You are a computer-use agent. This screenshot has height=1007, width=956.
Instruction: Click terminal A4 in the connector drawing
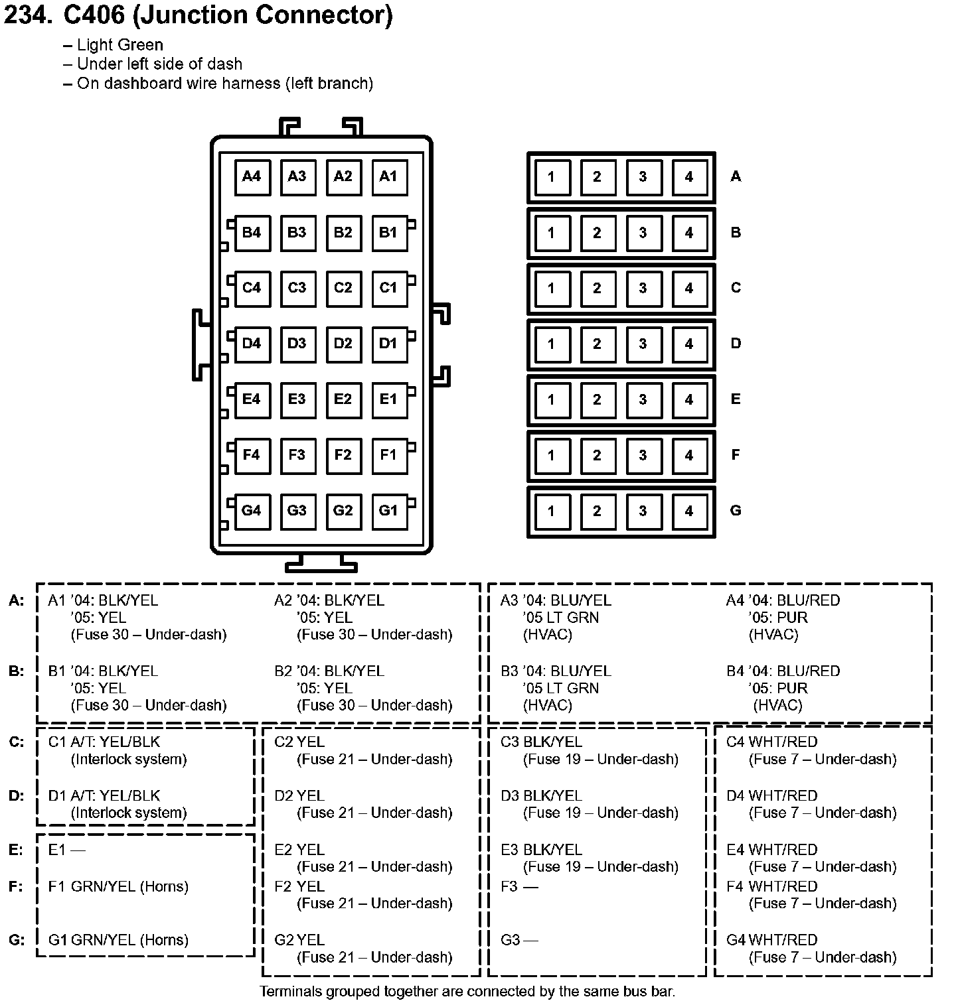click(252, 176)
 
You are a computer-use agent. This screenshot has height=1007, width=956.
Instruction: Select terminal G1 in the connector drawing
click(388, 511)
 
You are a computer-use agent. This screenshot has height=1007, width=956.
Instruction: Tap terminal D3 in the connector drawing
click(297, 344)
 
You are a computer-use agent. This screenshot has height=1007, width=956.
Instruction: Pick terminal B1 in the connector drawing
click(388, 232)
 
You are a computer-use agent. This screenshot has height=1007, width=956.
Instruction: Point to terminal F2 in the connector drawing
click(343, 455)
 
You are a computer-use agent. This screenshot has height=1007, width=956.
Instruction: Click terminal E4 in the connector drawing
click(252, 399)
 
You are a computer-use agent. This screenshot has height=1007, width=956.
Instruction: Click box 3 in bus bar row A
click(643, 177)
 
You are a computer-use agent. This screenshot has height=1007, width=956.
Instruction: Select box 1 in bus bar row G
click(551, 511)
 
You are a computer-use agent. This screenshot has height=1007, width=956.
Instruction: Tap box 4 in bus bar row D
click(688, 344)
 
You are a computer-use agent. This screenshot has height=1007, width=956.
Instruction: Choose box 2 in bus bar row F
click(597, 456)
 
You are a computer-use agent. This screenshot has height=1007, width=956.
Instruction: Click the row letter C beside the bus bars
click(736, 288)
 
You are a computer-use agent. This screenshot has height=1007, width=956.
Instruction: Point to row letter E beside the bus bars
click(736, 399)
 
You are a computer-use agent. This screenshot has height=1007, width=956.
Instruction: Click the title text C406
click(93, 15)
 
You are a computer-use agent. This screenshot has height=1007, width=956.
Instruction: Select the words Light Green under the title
click(119, 45)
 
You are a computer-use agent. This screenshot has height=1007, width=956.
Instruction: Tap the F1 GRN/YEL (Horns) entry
click(118, 886)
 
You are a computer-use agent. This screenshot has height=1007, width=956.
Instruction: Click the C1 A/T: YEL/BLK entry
click(104, 742)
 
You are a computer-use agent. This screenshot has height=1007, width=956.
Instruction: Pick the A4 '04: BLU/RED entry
click(783, 600)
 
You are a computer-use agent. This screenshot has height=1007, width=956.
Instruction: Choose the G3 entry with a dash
click(519, 940)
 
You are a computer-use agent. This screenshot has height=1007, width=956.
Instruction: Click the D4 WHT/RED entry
click(771, 795)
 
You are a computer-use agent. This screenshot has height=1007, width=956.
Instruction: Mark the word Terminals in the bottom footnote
click(289, 992)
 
